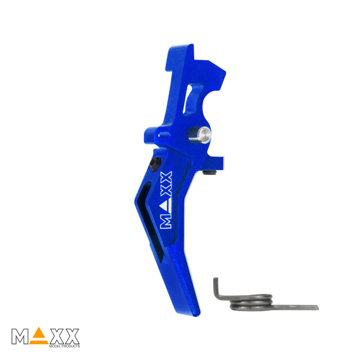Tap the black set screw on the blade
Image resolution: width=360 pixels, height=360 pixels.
point(156,164)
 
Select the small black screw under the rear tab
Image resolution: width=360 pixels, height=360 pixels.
point(210,172)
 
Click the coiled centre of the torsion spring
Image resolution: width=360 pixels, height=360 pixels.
point(251,302)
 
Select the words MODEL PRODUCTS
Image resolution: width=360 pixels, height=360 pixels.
point(64,346)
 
